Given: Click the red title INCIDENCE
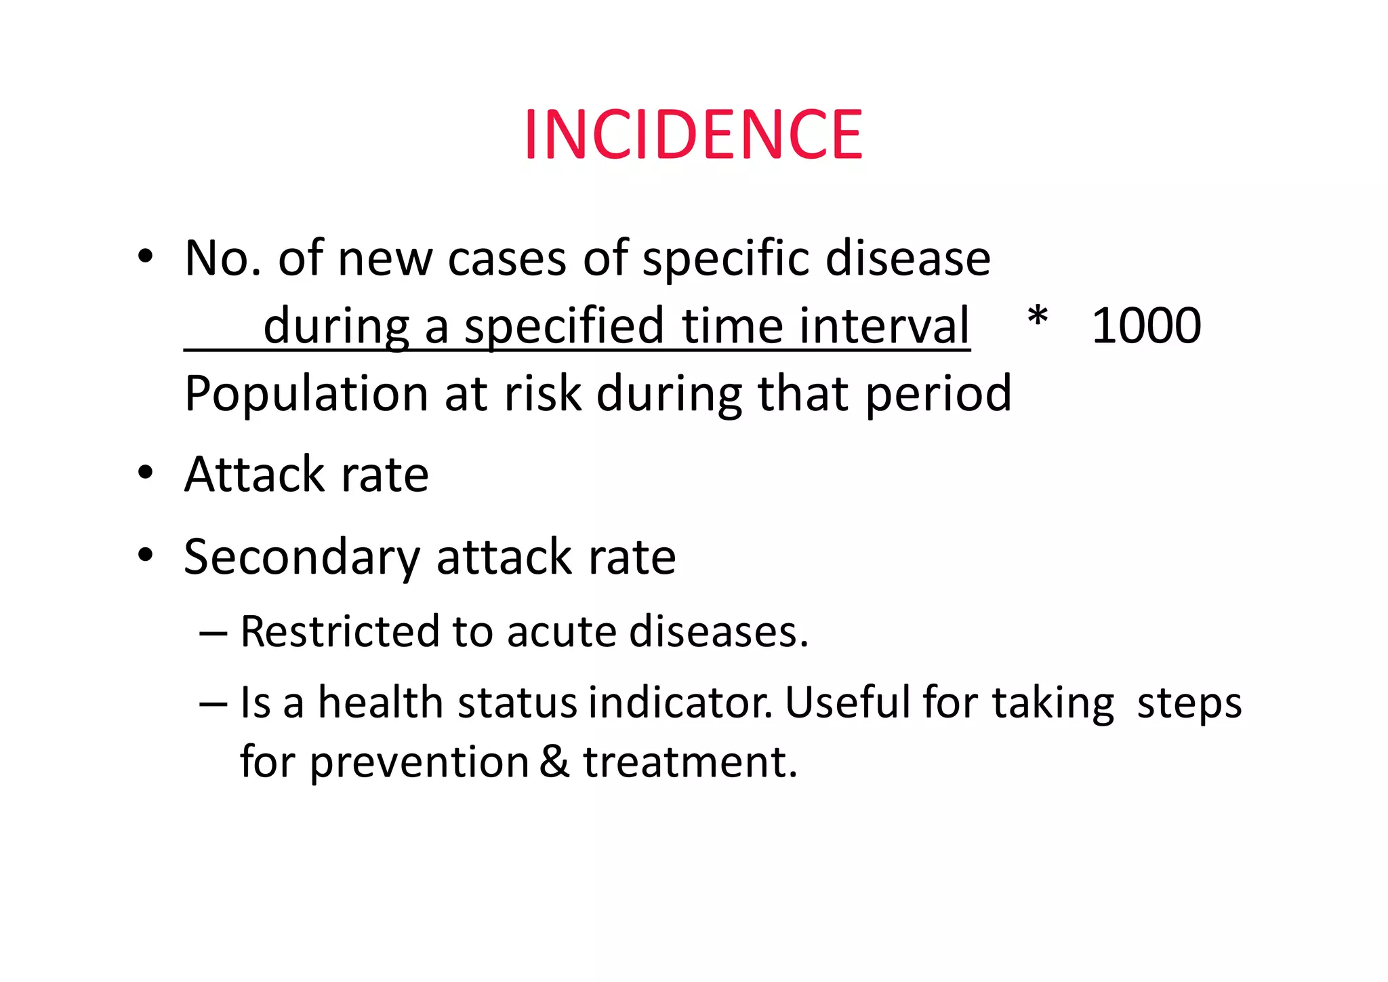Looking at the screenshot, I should coord(693,135).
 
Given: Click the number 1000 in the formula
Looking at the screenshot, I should coord(1146,326).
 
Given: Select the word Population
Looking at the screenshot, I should coord(306,395).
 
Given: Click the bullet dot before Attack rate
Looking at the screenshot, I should coord(145,472).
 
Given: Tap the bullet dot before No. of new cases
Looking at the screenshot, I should coord(145,257).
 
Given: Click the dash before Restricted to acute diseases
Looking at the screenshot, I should coord(213,632).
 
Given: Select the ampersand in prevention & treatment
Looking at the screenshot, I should coord(555,761).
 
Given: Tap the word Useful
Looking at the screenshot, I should coord(848,703).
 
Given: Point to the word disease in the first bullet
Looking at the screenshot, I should coord(907,259).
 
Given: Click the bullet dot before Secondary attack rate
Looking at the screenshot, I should coord(145,555).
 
